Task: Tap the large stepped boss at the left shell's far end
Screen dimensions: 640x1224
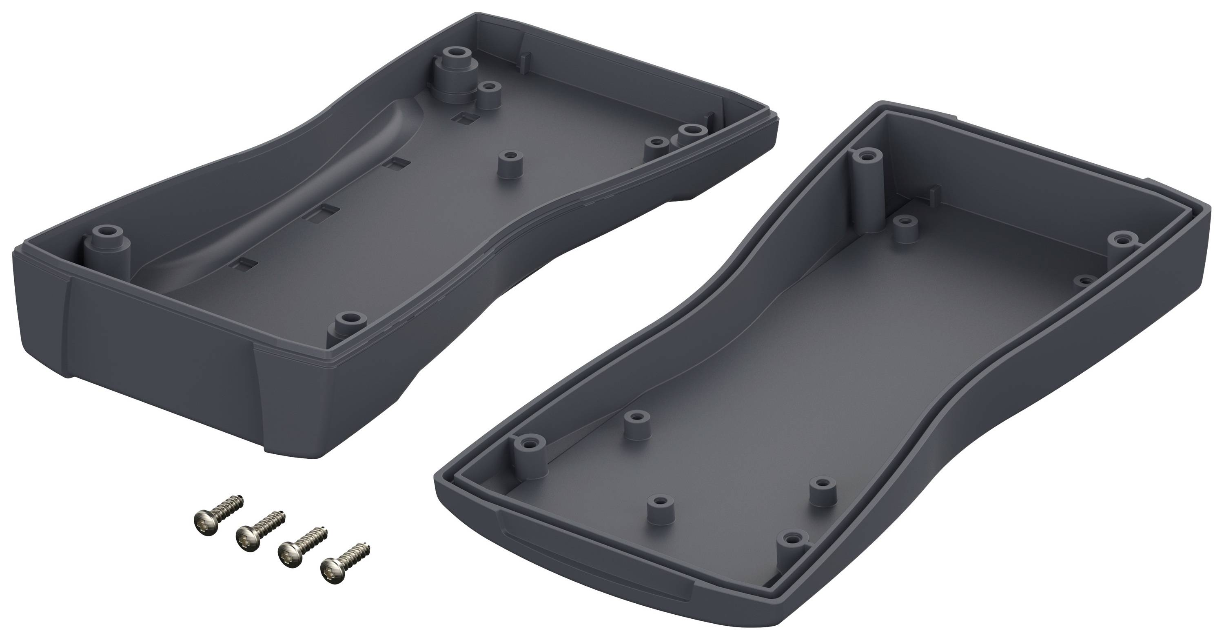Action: (454, 76)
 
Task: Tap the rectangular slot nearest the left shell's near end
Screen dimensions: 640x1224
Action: (245, 264)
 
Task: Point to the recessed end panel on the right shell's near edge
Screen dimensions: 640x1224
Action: (594, 578)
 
